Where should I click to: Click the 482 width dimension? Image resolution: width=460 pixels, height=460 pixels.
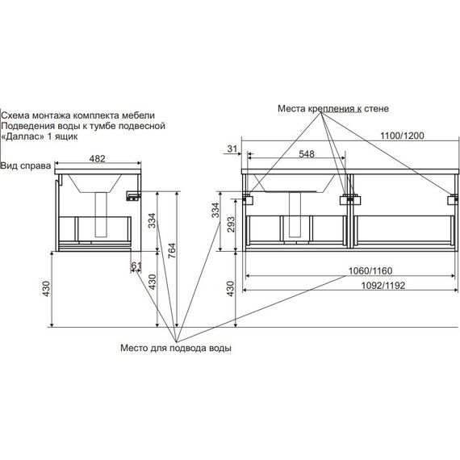point(97,159)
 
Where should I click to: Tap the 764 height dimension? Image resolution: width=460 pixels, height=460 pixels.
point(172,250)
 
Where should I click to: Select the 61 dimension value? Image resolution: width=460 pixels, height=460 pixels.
point(136,266)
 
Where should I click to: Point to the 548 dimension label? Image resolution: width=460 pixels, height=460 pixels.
point(307,154)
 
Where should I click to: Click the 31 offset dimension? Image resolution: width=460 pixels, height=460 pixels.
point(232,149)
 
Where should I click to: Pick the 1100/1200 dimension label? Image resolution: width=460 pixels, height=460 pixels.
point(402,136)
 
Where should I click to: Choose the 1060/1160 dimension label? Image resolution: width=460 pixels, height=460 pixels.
point(370,271)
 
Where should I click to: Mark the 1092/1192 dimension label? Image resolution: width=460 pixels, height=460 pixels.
point(383,286)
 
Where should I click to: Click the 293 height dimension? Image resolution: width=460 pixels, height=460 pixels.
point(231,224)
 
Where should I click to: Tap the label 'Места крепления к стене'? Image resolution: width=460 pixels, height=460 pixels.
point(333,109)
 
